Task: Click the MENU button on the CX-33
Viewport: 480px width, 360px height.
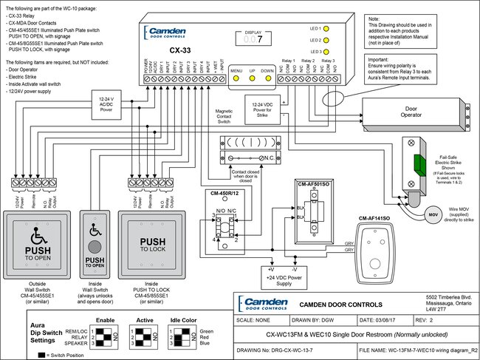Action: tap(237, 76)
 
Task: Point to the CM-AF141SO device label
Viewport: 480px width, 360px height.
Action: tap(376, 220)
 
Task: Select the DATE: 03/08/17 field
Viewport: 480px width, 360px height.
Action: tap(385, 321)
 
